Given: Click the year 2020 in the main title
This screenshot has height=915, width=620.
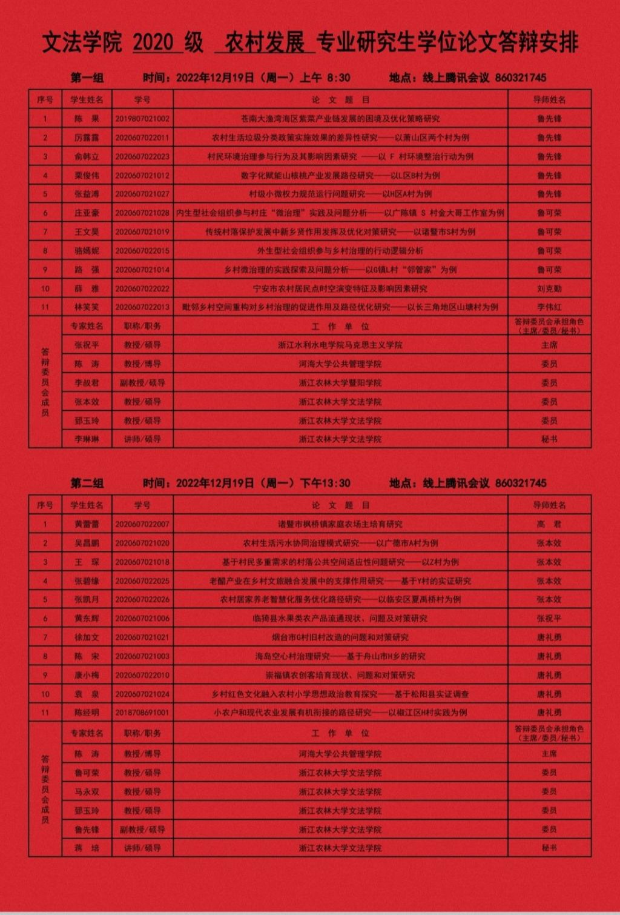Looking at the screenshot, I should (153, 43).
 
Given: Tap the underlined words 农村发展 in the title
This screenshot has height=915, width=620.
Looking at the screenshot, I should (265, 43).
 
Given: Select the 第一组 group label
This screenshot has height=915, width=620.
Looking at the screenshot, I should (87, 78).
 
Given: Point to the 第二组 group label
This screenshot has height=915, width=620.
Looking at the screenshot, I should (87, 483).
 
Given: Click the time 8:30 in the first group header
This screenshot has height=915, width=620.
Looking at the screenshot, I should (338, 78).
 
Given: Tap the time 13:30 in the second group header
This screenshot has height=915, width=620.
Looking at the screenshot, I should (337, 483).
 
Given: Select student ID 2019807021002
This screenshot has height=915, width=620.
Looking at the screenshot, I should (142, 119).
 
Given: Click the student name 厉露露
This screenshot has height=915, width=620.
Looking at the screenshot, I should (87, 138).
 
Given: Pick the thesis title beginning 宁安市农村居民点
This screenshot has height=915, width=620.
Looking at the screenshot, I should (340, 288).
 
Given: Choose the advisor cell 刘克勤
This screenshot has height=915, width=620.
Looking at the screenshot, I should (549, 288).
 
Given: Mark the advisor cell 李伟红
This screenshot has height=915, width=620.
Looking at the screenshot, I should (549, 307).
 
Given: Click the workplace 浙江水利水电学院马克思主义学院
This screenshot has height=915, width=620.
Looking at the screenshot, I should (340, 345).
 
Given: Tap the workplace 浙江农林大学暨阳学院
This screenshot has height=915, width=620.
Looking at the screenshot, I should (340, 383).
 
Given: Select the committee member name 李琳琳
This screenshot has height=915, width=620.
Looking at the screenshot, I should (87, 439).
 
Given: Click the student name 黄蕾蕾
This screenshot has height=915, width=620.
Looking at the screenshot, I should (87, 524).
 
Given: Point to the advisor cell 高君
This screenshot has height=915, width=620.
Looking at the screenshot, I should (549, 524).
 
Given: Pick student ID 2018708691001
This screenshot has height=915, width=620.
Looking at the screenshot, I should (142, 713).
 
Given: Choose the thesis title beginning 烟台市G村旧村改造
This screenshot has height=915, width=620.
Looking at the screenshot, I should (340, 637).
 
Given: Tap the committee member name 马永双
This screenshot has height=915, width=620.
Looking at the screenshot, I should (87, 792).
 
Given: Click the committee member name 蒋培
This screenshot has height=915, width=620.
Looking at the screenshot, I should (87, 848).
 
